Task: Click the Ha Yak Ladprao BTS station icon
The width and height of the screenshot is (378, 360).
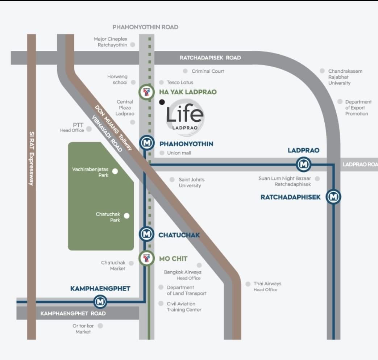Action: click(x=146, y=92)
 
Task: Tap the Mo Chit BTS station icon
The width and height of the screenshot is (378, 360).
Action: click(x=146, y=258)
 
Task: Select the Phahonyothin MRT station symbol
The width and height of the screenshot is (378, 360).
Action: click(x=147, y=143)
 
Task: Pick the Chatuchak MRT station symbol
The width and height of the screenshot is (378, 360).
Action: click(x=146, y=234)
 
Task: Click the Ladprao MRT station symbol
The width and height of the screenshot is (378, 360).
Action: click(x=303, y=164)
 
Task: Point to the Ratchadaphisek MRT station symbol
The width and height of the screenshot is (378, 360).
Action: click(x=333, y=197)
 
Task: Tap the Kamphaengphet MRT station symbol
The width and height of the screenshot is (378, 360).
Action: click(x=100, y=302)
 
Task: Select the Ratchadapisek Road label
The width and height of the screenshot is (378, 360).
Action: click(x=210, y=58)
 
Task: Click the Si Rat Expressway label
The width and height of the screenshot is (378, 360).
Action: click(x=32, y=159)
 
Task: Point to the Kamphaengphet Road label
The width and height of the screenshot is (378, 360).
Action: click(x=73, y=314)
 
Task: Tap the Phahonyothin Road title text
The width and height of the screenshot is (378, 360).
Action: click(x=145, y=27)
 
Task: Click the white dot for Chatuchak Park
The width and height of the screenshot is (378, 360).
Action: click(x=126, y=215)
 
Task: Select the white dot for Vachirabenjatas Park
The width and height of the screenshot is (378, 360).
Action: click(x=115, y=171)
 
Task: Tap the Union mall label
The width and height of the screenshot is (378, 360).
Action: click(x=179, y=153)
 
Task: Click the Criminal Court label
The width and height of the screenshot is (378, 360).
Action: click(x=208, y=71)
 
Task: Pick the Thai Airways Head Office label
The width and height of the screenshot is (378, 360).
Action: click(x=267, y=286)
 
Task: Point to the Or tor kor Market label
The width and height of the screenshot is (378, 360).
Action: click(x=83, y=329)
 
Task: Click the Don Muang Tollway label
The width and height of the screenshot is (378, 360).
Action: click(x=113, y=128)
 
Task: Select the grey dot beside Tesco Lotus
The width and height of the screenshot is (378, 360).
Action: click(x=162, y=83)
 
